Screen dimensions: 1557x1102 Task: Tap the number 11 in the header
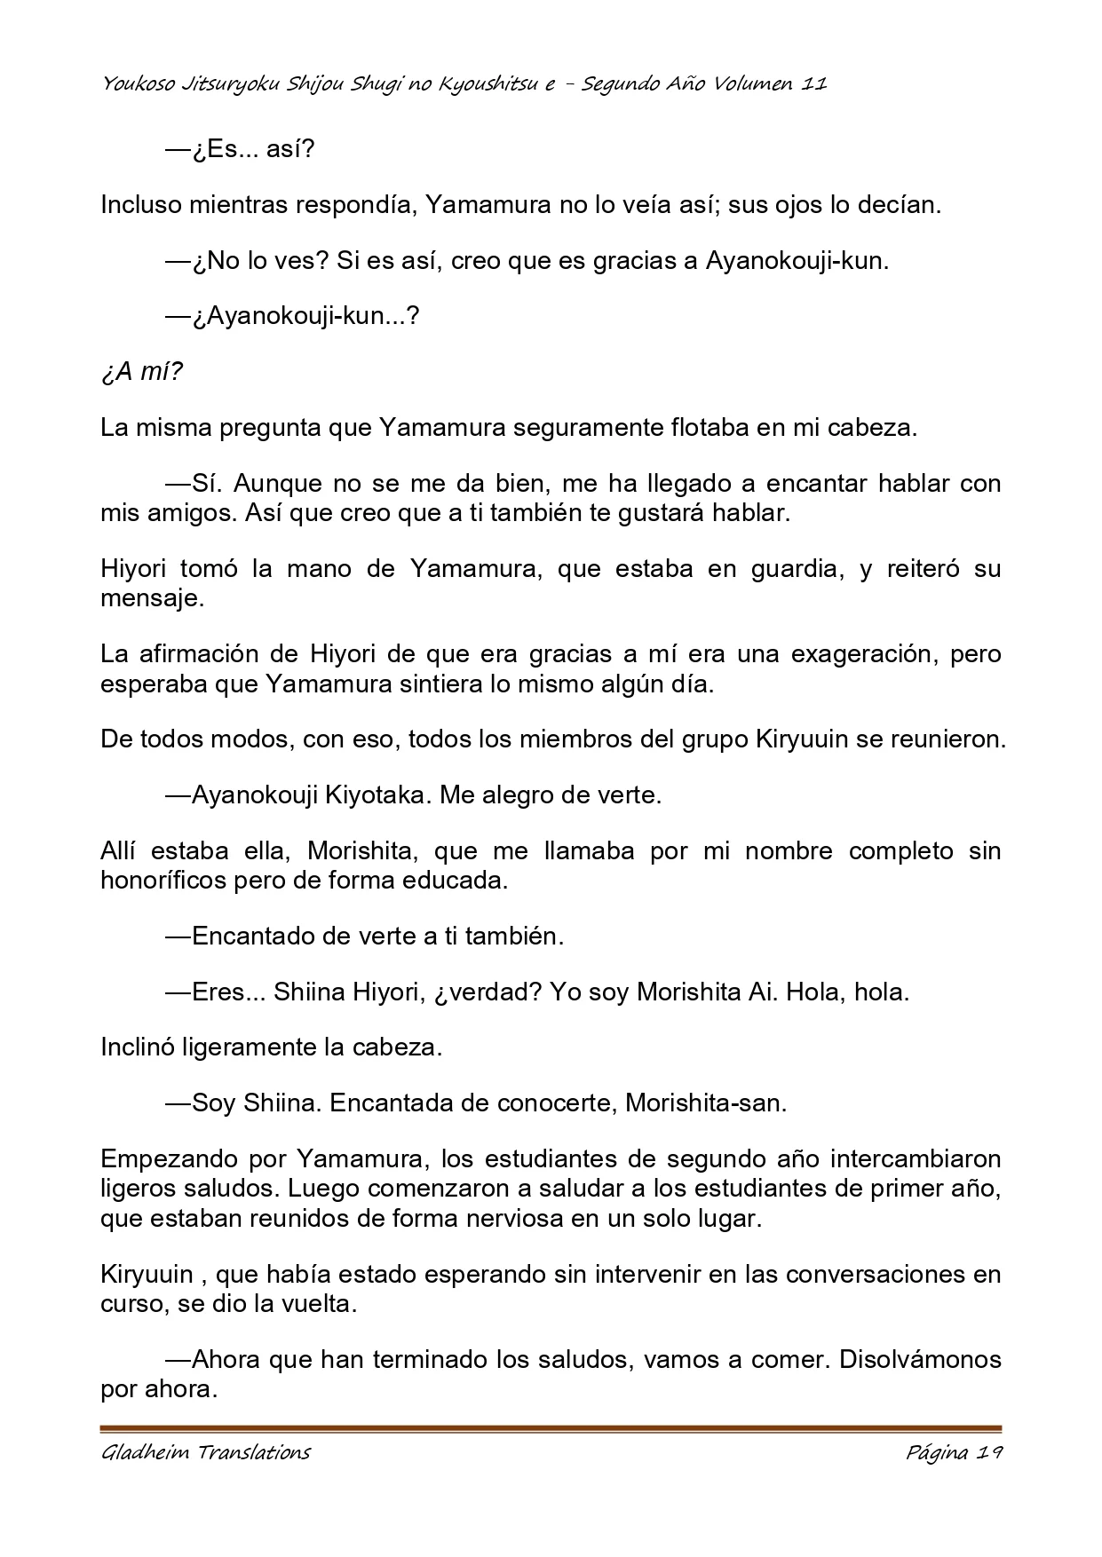[814, 84]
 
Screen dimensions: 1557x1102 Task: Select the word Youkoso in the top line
[133, 84]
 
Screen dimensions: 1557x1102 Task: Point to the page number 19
[988, 1453]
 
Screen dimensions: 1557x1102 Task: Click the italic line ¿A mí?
[141, 371]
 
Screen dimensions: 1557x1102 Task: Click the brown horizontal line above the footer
[551, 1429]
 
